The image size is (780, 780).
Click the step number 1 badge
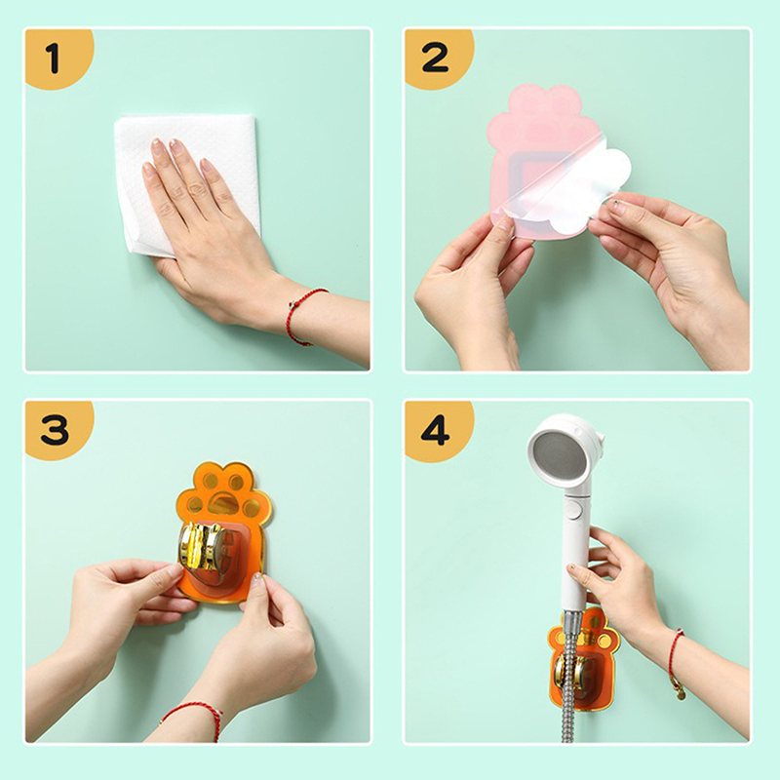coord(56,58)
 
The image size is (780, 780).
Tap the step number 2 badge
coord(435,58)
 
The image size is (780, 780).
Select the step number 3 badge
coord(56,429)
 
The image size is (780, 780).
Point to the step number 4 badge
coord(435,430)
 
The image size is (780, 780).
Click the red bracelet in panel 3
coord(195,716)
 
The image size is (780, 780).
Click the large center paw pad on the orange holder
coord(223,503)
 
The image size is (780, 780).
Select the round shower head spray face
coord(558,458)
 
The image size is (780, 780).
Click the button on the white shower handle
coord(575,509)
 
